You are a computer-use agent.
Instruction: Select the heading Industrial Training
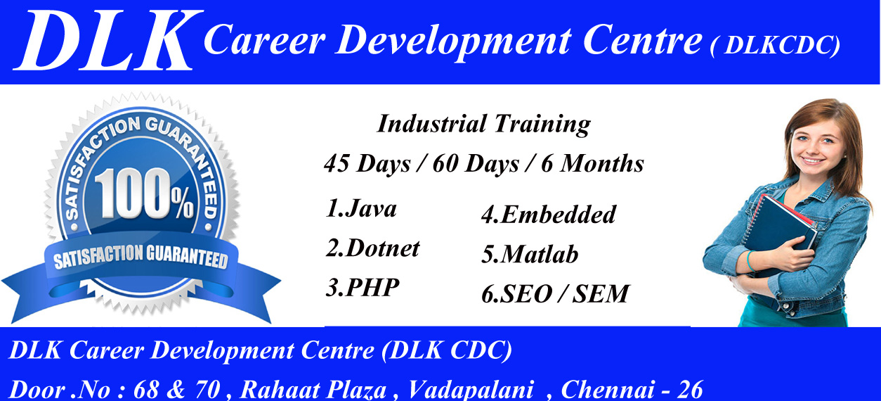click(x=483, y=125)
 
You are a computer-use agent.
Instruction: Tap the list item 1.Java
click(x=361, y=209)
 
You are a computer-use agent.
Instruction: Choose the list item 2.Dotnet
click(x=372, y=248)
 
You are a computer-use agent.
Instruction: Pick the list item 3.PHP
click(x=363, y=288)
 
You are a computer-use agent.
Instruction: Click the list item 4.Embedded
click(x=548, y=215)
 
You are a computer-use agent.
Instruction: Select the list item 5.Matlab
click(x=530, y=254)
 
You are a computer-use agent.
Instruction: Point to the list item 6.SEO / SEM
click(x=555, y=293)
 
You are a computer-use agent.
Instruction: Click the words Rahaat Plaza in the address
click(x=316, y=389)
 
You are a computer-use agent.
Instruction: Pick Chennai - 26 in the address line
click(x=632, y=389)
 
